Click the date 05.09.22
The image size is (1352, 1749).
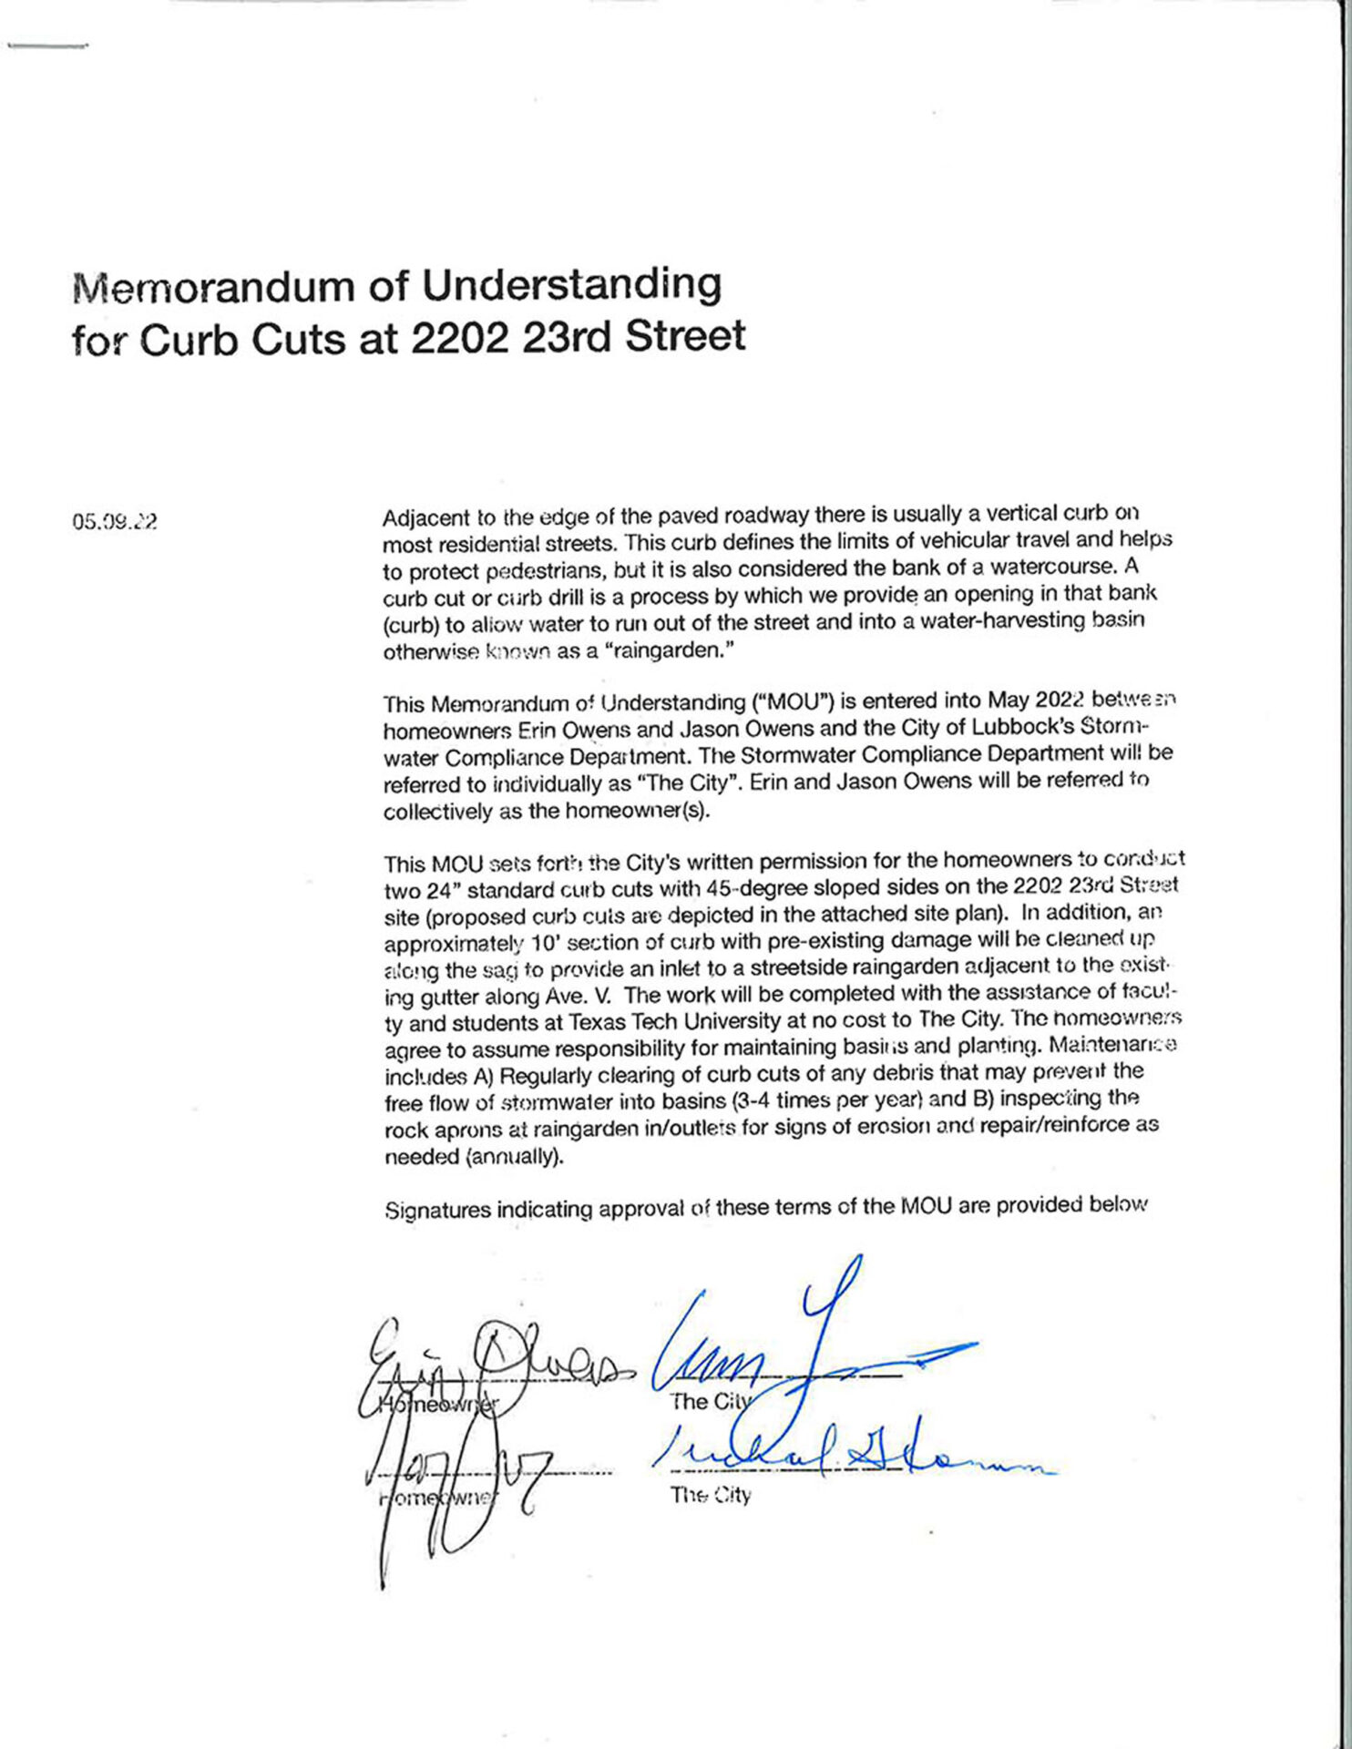point(115,522)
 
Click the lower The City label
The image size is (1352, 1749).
point(710,1495)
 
